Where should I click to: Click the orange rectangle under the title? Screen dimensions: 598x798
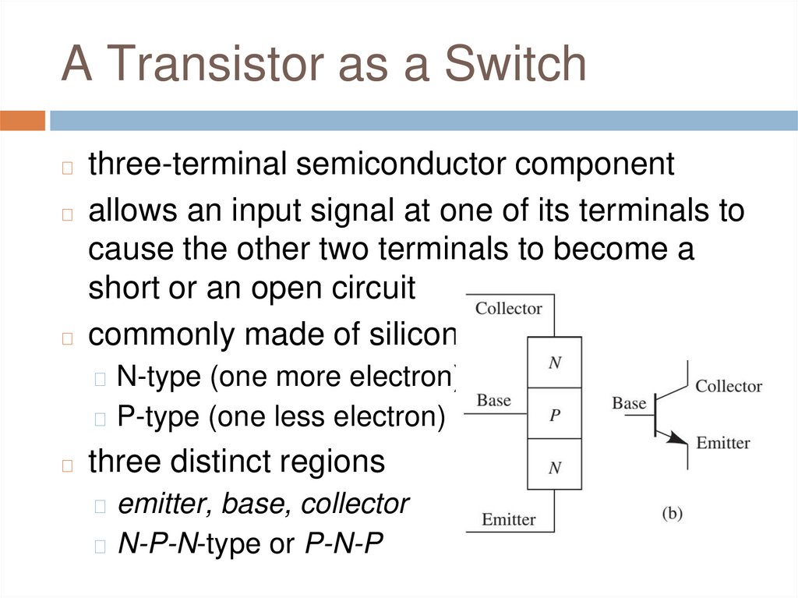tap(23, 121)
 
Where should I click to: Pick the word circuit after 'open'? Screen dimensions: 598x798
tap(371, 288)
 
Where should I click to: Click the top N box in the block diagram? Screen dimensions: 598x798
tap(555, 363)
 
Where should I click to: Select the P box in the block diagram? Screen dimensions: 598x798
tap(555, 415)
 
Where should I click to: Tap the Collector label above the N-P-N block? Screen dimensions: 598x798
tap(508, 309)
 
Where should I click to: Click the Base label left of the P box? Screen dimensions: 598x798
tap(493, 401)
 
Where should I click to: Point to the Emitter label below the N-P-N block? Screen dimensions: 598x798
tap(508, 519)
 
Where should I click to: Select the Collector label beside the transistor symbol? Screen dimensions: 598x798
tap(729, 387)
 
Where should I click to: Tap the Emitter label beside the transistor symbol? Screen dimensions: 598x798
tap(722, 443)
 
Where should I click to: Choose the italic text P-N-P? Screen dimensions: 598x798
tap(344, 544)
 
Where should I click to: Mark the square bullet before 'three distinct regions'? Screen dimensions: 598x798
tap(68, 465)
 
